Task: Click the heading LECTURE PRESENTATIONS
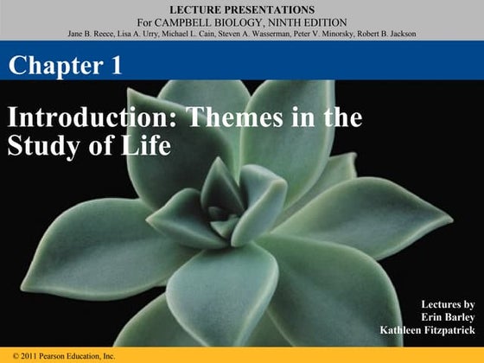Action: [241, 9]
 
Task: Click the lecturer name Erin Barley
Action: [451, 317]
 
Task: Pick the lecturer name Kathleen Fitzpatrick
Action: [427, 330]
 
